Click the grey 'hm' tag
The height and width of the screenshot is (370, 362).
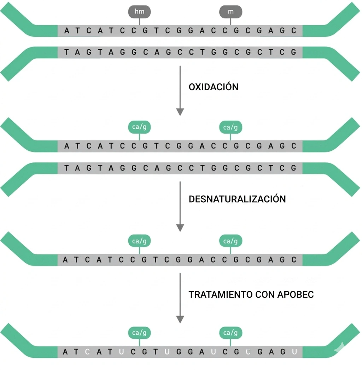click(x=139, y=12)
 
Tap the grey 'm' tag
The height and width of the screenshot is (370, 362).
click(x=231, y=12)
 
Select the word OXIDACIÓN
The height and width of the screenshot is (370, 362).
click(x=214, y=87)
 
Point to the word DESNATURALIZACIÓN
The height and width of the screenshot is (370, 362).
click(x=237, y=199)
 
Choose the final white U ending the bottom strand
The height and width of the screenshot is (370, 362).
click(x=294, y=352)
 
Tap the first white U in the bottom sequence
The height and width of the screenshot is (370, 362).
click(x=121, y=352)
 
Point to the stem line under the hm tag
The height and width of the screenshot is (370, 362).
click(x=139, y=21)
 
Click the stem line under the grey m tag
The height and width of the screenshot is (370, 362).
click(x=231, y=21)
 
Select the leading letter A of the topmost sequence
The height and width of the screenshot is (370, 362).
click(x=66, y=31)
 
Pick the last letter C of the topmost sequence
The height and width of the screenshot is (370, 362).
click(x=294, y=31)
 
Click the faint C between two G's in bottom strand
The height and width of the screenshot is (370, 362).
click(x=248, y=352)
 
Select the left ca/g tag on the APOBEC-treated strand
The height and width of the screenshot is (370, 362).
click(x=139, y=333)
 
